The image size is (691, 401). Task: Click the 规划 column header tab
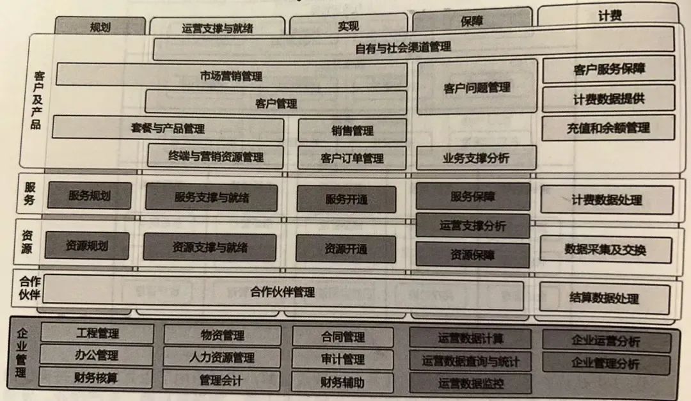[x=99, y=26]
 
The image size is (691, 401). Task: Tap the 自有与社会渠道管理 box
[x=413, y=47]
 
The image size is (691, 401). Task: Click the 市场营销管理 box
[x=231, y=75]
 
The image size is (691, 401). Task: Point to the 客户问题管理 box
[x=477, y=87]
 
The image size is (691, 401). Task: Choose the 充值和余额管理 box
[x=608, y=127]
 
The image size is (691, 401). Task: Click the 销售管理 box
[x=352, y=131]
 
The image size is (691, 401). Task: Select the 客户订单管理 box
[x=351, y=158]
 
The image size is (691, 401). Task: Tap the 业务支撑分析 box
[x=475, y=157]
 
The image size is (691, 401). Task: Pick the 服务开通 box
[x=346, y=199]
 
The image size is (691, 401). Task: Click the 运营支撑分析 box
[x=472, y=226]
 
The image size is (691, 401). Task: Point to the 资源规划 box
[x=87, y=246]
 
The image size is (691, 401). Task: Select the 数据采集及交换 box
[x=605, y=249]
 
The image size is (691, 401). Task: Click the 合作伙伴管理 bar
[x=283, y=292]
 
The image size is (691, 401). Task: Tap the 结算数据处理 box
[x=604, y=297]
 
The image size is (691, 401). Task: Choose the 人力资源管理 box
[x=222, y=357]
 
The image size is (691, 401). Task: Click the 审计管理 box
[x=342, y=359]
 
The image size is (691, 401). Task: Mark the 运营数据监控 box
[x=470, y=384]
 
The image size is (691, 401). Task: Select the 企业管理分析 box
[x=605, y=364]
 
